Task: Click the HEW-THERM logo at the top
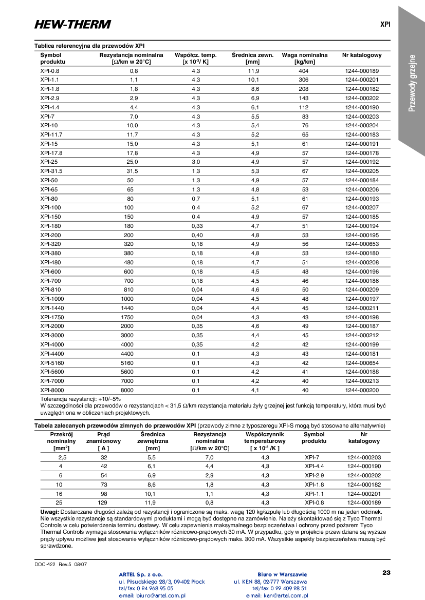coord(72,24)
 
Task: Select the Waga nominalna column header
coord(304,58)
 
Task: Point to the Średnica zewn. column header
coord(252,58)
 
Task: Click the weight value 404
coord(304,71)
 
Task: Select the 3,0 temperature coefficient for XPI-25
coord(196,162)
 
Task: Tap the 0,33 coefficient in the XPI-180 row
coord(197,226)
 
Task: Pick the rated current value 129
coord(104,502)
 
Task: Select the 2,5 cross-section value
coord(62,457)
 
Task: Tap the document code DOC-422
coord(45,564)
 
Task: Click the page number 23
coord(386,572)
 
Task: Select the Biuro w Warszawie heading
coord(282,574)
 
